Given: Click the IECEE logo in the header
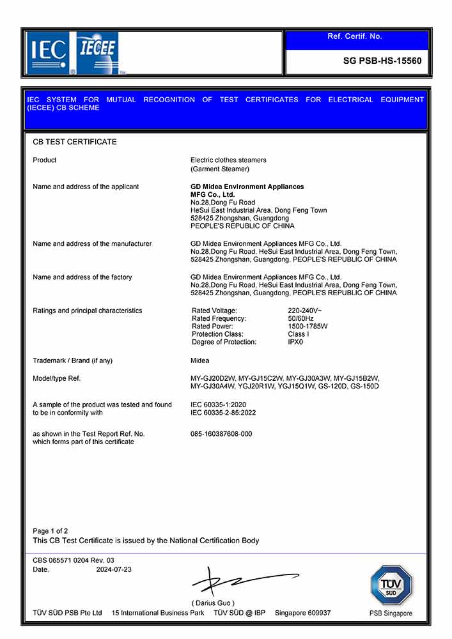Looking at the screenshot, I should pos(97,48).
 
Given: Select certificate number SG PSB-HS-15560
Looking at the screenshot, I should pos(382,61).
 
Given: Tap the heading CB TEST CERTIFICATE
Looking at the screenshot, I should pos(75,142).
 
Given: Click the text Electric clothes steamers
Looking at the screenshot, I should pos(228,160).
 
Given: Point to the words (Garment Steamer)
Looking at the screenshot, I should pos(220,169).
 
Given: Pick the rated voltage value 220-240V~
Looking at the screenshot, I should pos(305,311).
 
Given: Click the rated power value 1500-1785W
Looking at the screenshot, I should pos(308,326).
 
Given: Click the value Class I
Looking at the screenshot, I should pos(299,334).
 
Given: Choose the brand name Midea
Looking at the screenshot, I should pos(200,361).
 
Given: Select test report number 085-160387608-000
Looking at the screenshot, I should pos(221,434).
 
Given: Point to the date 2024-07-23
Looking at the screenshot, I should pos(114,569).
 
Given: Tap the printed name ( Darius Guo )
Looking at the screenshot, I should pos(213,603).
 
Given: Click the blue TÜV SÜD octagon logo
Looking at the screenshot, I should pos(391,585).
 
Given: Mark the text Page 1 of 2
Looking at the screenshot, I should pos(51,531).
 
